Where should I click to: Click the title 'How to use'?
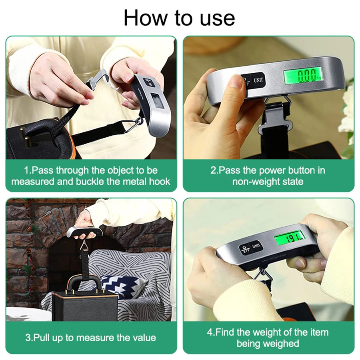pyautogui.click(x=179, y=18)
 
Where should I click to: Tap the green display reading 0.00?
pyautogui.click(x=303, y=75)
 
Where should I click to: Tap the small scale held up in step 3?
pyautogui.click(x=84, y=231)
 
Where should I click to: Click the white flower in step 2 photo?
pyautogui.click(x=347, y=112)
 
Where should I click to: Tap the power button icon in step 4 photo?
pyautogui.click(x=244, y=249)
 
